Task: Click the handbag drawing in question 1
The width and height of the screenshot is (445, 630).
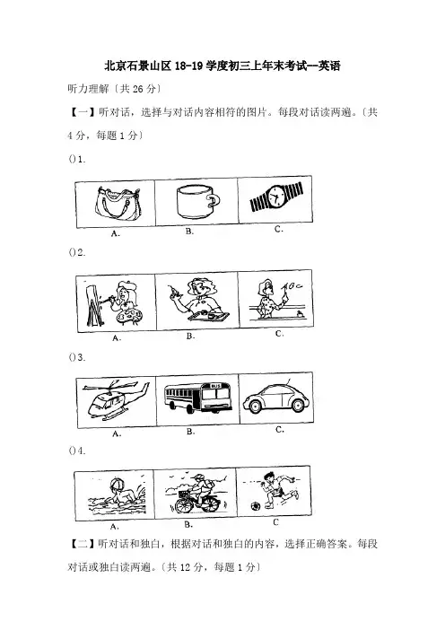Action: point(118,204)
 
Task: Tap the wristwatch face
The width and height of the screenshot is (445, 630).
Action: point(276,196)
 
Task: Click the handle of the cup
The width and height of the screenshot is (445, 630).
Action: point(214,200)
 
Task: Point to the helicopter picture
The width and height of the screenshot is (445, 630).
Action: point(115,398)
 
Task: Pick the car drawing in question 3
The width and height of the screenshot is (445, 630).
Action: point(275,398)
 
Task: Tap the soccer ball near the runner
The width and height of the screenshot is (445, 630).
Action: point(254,506)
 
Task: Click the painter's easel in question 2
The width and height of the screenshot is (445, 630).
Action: point(93,304)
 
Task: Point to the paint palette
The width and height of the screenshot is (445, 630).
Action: point(128,318)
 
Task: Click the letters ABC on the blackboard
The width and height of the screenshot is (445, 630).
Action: point(291,286)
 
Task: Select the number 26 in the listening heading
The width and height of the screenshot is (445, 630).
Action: point(138,89)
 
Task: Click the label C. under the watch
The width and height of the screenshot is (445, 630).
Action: point(279,230)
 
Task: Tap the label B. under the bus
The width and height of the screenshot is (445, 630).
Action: point(191,432)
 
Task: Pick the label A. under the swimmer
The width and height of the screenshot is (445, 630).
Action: point(114,526)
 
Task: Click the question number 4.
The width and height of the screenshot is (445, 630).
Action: point(82,451)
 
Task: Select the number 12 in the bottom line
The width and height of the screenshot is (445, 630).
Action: point(185,567)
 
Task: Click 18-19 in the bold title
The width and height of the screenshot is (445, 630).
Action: point(188,66)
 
